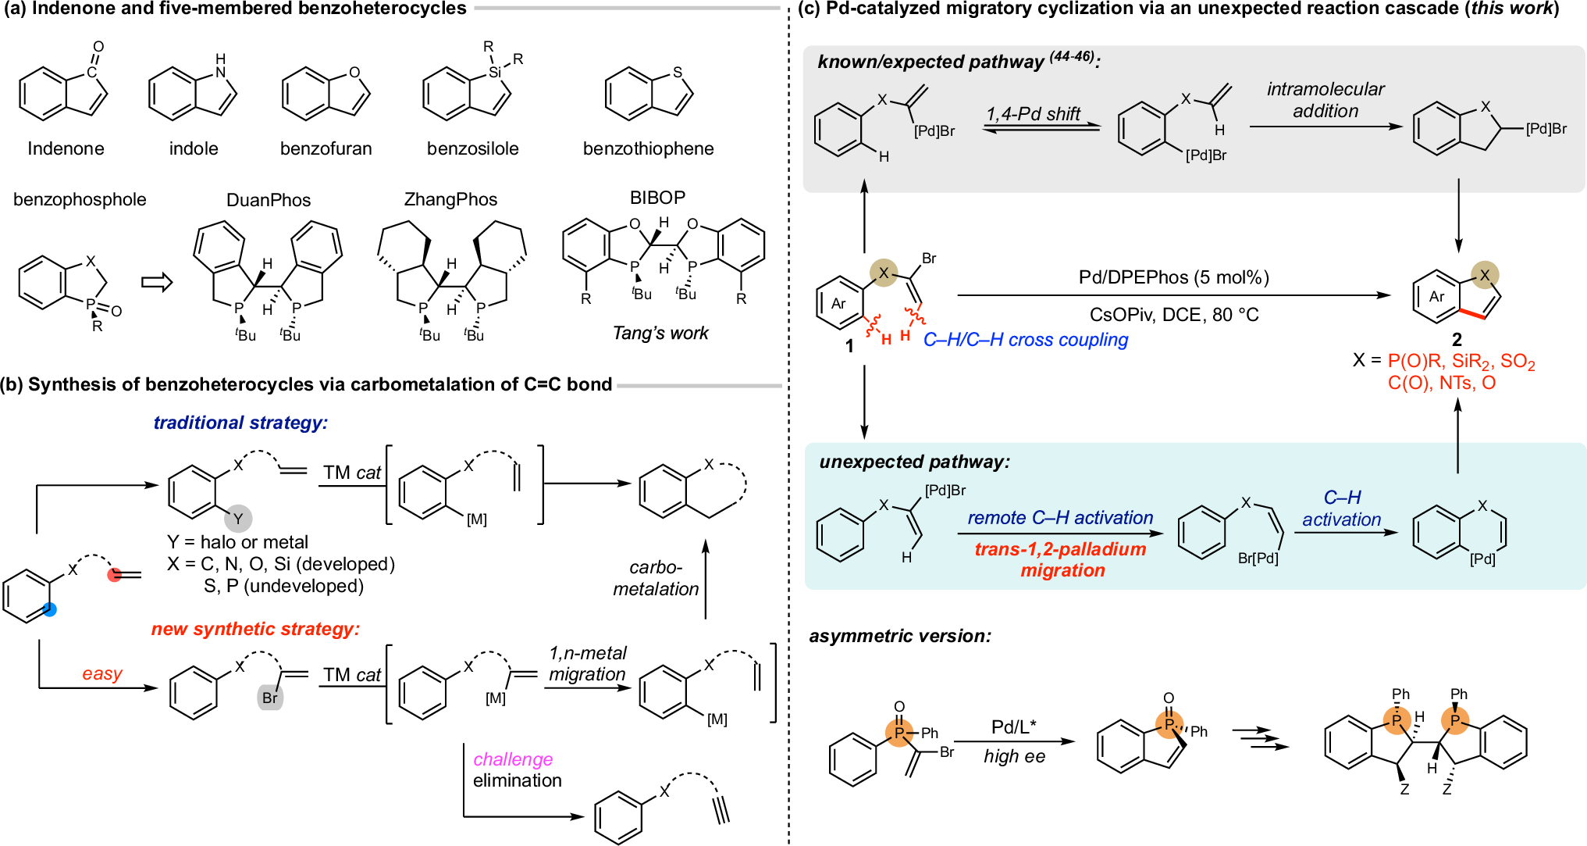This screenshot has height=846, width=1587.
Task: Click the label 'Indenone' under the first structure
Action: pos(66,148)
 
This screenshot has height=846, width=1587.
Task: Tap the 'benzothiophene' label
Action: pos(648,148)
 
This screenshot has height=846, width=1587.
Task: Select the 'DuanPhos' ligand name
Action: pos(269,200)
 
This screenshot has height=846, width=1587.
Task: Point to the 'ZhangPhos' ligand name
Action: pos(450,200)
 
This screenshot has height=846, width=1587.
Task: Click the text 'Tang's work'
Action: pos(660,334)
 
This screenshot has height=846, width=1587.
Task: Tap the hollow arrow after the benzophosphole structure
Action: pos(156,282)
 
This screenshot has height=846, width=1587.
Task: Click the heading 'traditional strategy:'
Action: pos(240,423)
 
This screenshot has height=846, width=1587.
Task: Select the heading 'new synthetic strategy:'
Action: pos(255,629)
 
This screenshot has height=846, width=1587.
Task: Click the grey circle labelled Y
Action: pos(238,518)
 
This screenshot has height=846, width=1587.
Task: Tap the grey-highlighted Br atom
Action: pos(270,698)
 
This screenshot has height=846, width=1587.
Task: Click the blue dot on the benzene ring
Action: pos(50,610)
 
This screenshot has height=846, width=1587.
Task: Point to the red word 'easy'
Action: pos(102,673)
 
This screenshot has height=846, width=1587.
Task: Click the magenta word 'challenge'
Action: pos(513,759)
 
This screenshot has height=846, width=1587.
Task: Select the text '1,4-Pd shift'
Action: pos(1033,114)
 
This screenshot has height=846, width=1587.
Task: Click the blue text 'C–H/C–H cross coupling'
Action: pos(1026,340)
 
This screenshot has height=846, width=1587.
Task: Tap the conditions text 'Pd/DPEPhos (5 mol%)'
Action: pos(1174,277)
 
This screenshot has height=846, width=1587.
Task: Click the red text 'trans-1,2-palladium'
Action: pos(1060,549)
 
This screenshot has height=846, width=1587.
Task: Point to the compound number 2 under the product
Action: pos(1457,340)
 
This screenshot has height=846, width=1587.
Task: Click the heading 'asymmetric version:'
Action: pos(900,636)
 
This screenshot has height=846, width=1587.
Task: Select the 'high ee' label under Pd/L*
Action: pos(1014,756)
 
